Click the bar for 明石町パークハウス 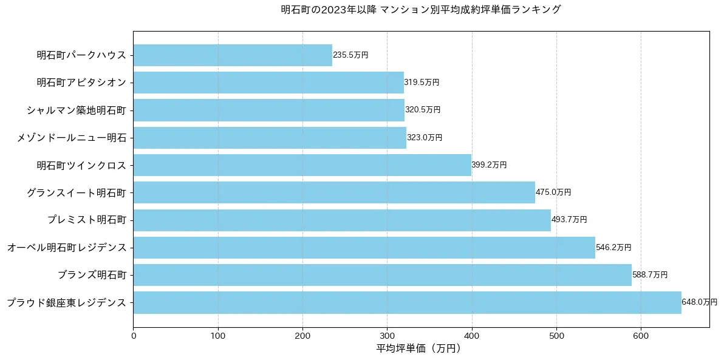(233, 55)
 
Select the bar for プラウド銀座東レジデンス (407, 302)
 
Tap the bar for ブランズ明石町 (382, 275)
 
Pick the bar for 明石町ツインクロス (302, 165)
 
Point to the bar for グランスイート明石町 (334, 192)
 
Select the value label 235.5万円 (350, 55)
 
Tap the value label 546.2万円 (613, 248)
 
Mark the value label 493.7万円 (569, 220)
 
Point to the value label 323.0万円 (425, 138)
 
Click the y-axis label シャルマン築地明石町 (76, 110)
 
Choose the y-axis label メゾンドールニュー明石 (72, 138)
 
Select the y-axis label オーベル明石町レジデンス (67, 248)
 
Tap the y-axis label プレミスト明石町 (87, 220)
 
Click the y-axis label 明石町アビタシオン (81, 83)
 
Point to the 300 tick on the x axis (387, 335)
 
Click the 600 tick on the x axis (641, 335)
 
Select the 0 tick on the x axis (133, 335)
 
